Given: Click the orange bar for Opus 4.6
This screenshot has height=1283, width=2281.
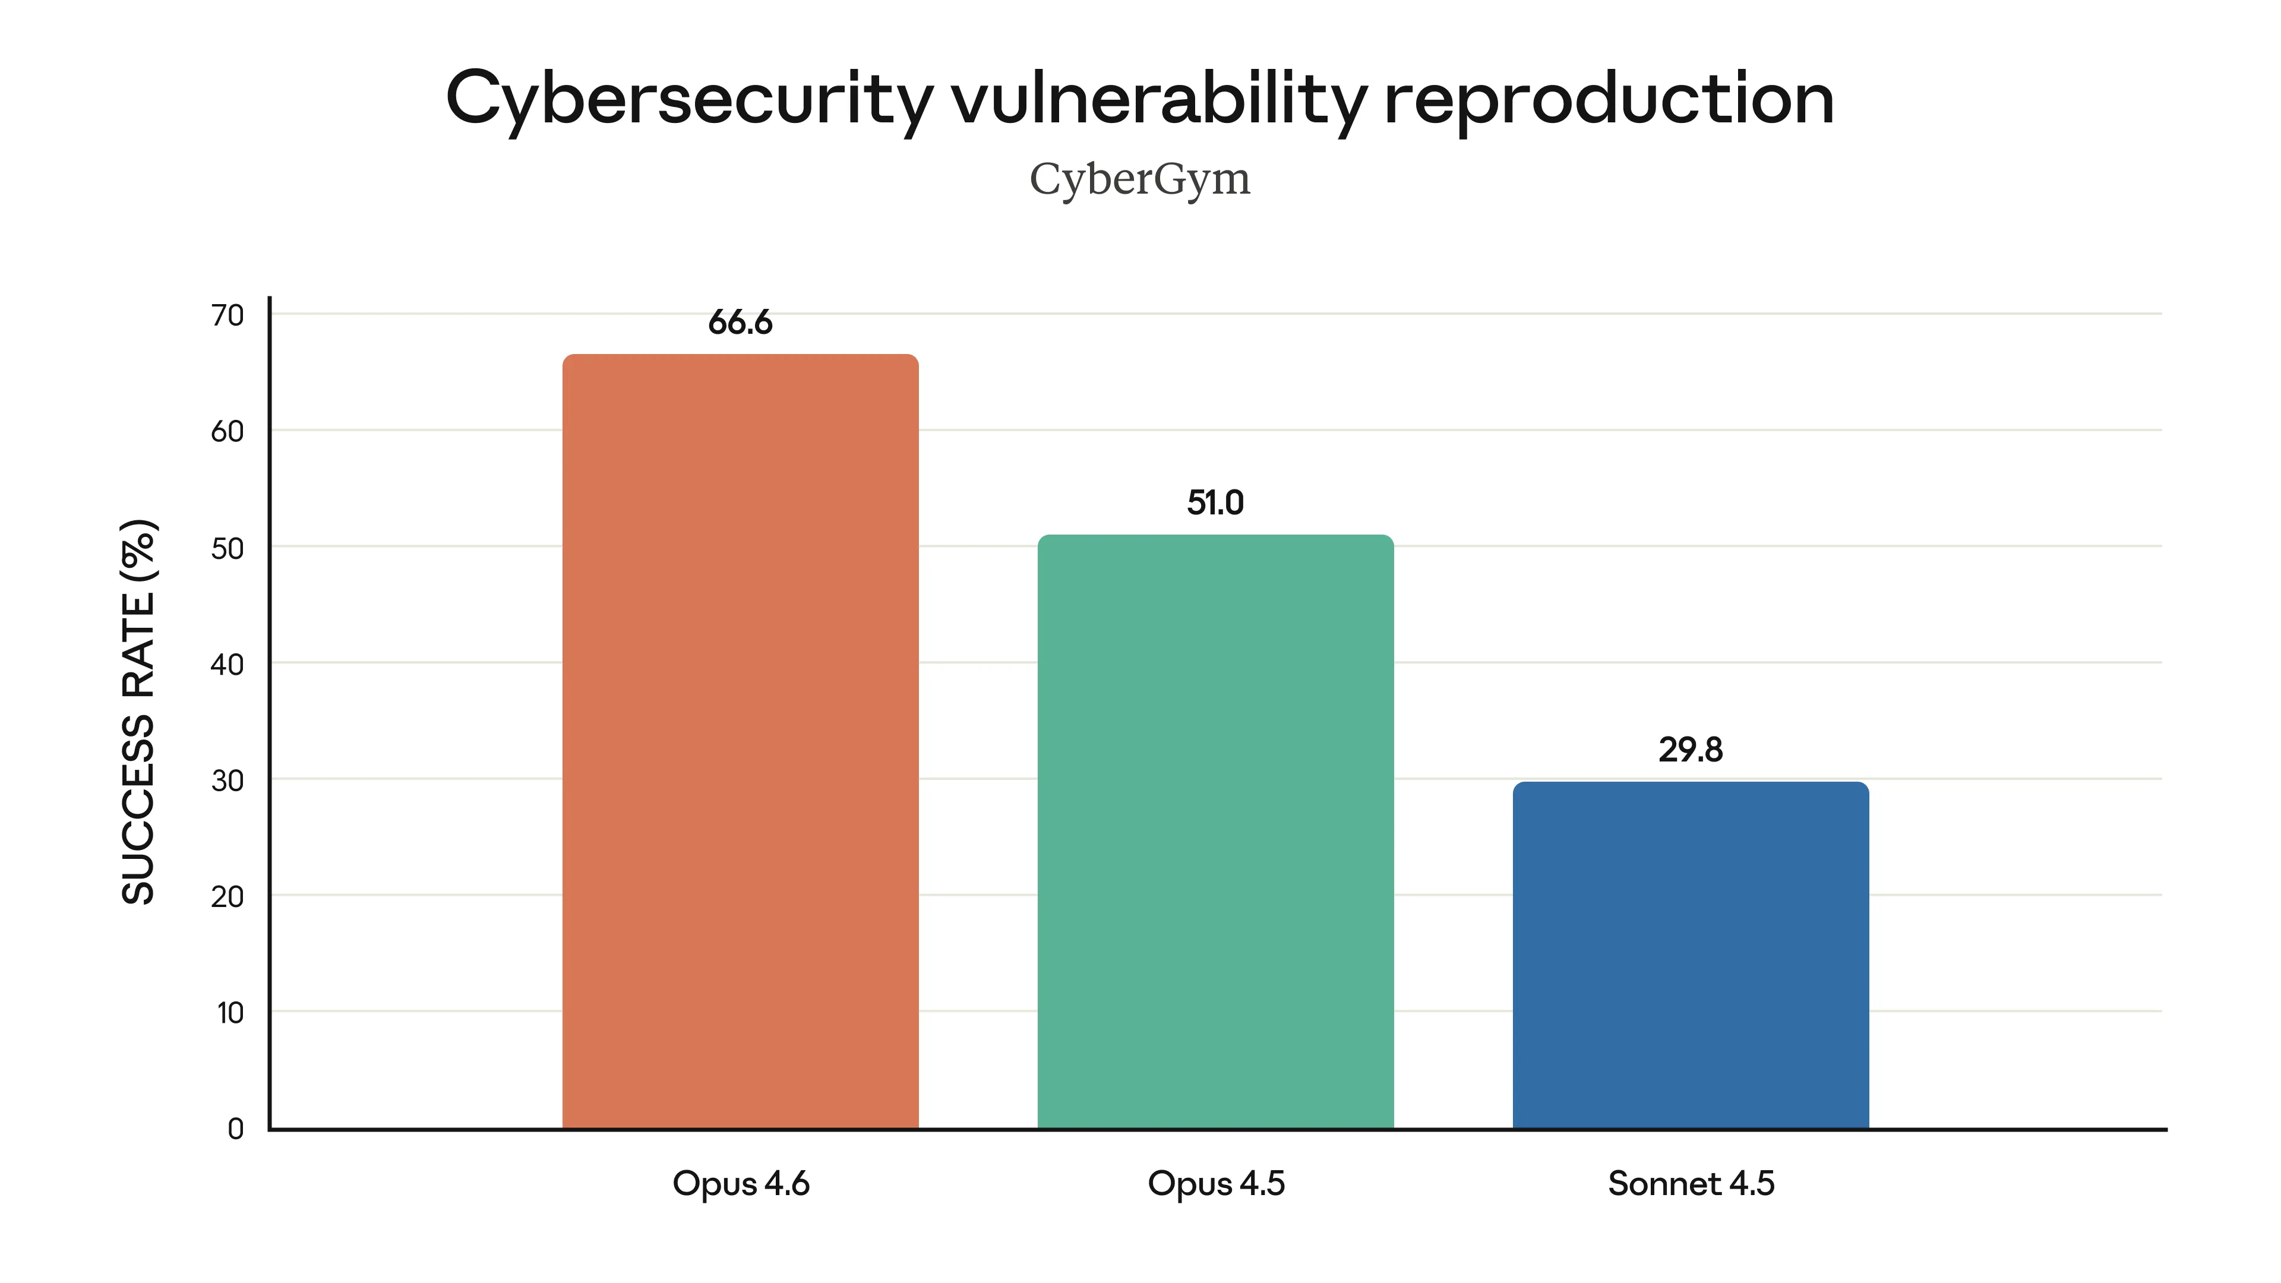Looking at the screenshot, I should (x=740, y=742).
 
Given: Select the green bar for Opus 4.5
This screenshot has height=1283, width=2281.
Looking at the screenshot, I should (x=1215, y=832).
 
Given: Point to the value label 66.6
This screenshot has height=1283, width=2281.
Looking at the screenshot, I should (x=740, y=323).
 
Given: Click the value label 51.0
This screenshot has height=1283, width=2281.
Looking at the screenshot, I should (x=1215, y=503).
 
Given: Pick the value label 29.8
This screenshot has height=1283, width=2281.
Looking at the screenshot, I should (x=1691, y=750).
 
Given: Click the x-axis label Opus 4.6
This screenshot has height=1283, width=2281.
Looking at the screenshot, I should (x=740, y=1184).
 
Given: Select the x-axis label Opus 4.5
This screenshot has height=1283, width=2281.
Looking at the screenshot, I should (x=1215, y=1184).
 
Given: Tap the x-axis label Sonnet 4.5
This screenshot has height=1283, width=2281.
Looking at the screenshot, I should (x=1691, y=1184).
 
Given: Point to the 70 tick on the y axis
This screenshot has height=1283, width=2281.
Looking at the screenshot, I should (x=228, y=315).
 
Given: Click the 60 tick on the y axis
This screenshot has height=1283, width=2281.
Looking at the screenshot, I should (x=228, y=431).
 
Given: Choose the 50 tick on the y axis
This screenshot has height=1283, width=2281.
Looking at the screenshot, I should (x=228, y=548).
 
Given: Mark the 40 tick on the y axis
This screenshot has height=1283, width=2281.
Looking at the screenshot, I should (x=228, y=664).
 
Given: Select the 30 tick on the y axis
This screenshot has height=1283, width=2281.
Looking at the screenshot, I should (x=228, y=780).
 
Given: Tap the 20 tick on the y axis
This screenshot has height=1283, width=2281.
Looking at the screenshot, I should (x=228, y=896).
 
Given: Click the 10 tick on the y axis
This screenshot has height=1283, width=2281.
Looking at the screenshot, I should (x=230, y=1012).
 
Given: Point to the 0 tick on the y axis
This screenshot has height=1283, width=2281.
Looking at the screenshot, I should (x=236, y=1129).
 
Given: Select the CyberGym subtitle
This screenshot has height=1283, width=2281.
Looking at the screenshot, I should (x=1140, y=180).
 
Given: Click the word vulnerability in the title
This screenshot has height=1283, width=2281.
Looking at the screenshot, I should (x=1158, y=99).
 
